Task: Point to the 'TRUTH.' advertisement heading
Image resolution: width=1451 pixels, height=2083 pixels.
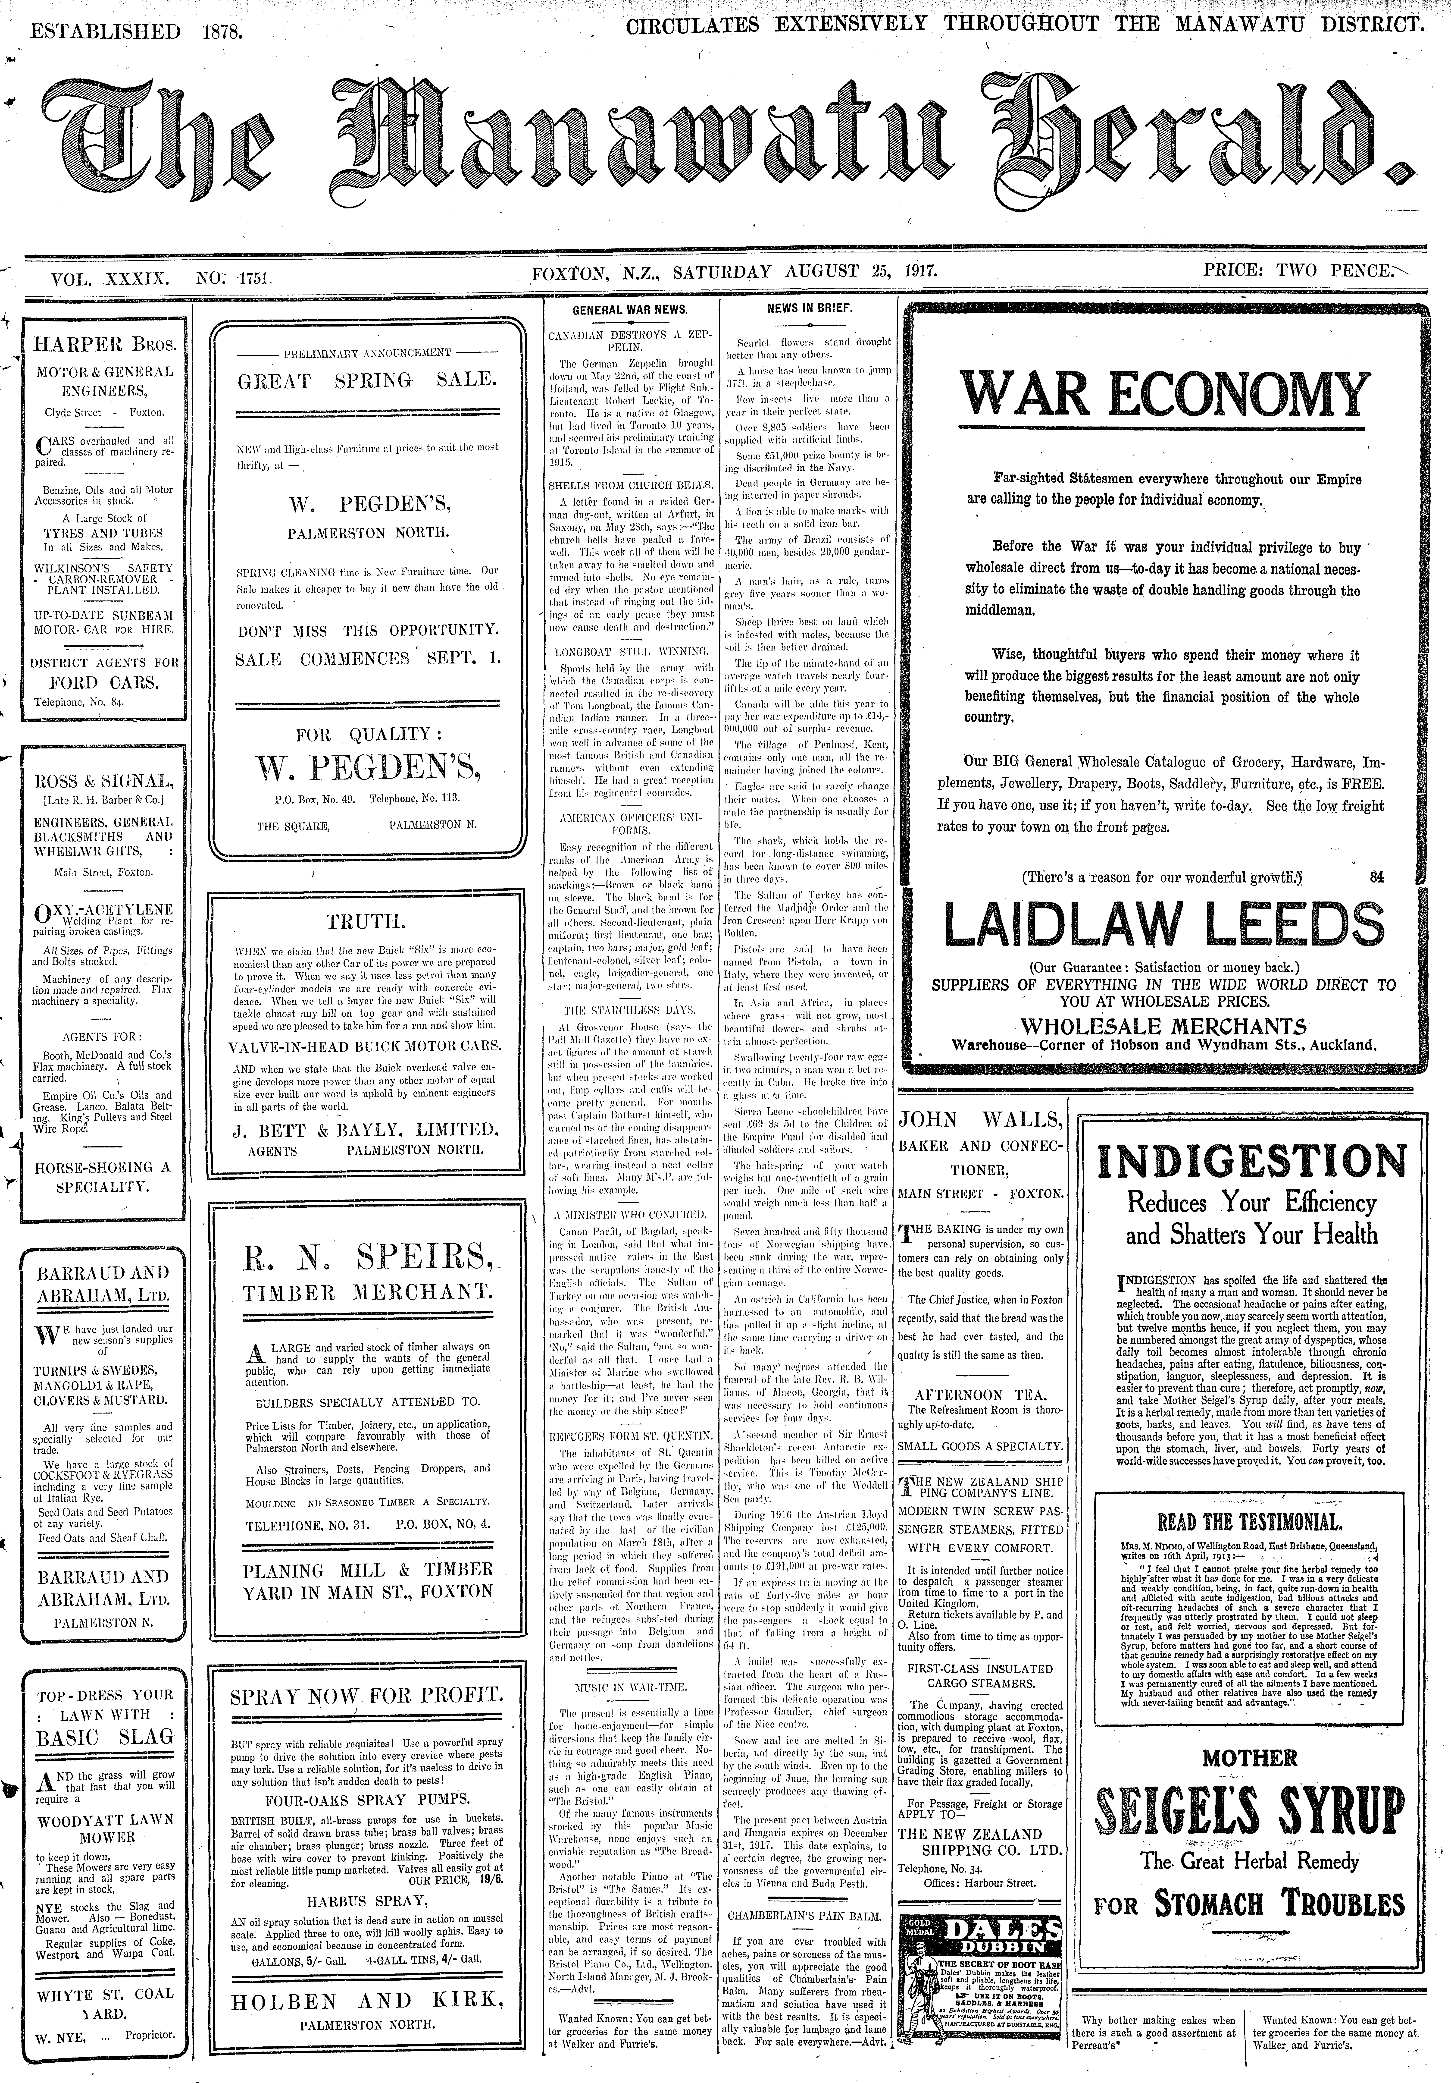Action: click(x=367, y=922)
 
